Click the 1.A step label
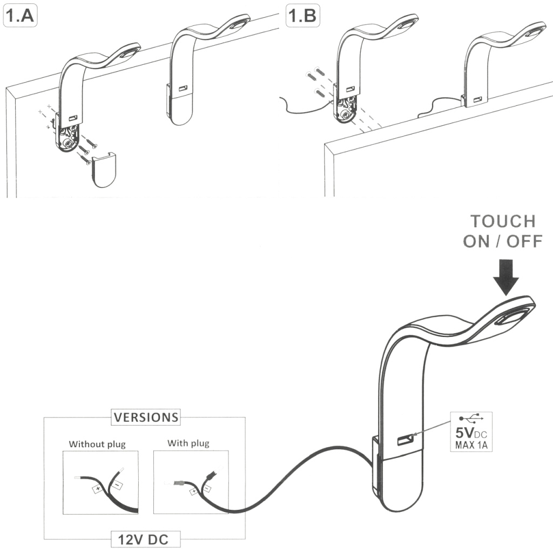[x=20, y=16]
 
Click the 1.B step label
[x=302, y=16]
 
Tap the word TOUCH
[x=503, y=221]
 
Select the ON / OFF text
[x=502, y=241]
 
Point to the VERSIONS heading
[x=145, y=417]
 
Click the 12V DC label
[x=146, y=538]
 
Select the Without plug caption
[x=97, y=444]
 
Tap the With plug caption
[x=188, y=444]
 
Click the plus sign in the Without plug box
[x=98, y=490]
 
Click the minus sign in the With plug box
[x=207, y=488]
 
